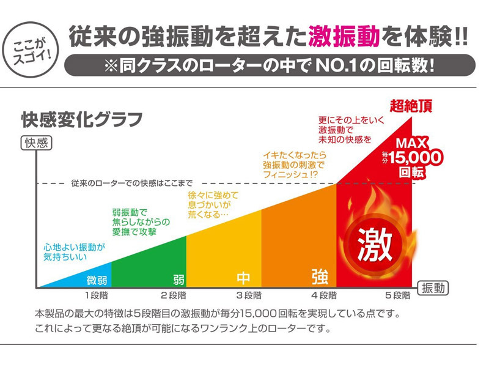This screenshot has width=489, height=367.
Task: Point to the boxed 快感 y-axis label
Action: tap(37, 143)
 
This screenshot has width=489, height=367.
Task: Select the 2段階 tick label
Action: tap(172, 297)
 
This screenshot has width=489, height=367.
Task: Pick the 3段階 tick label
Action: tap(248, 297)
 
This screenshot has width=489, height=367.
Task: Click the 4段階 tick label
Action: tap(324, 297)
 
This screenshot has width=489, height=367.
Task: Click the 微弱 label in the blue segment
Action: tap(97, 281)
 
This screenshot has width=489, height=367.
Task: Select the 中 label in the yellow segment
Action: tap(244, 278)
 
